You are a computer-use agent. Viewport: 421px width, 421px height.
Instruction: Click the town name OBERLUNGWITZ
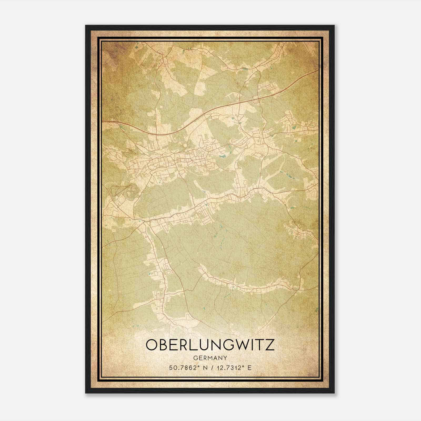[210, 345]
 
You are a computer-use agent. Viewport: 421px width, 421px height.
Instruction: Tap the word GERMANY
[210, 358]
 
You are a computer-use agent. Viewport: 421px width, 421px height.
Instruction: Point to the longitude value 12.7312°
[230, 368]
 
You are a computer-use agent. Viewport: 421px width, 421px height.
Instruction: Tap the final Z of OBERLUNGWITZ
[269, 345]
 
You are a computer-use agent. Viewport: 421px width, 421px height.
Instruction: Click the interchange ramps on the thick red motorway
[255, 99]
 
